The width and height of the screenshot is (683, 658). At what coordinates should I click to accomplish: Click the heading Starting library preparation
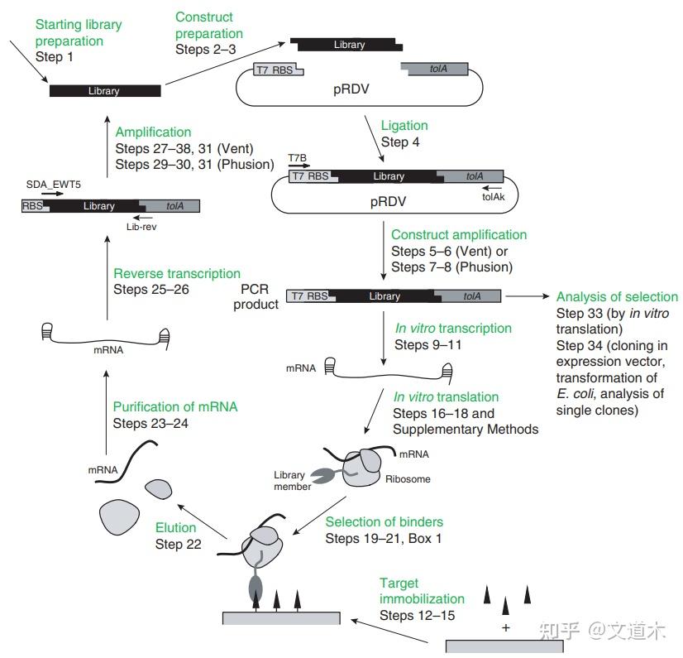(78, 32)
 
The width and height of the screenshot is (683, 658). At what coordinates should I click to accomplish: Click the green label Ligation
(404, 126)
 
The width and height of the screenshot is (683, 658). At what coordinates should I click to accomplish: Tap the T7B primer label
(297, 156)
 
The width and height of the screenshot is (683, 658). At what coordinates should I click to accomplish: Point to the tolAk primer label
(492, 197)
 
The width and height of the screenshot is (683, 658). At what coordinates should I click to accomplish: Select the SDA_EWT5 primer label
(54, 185)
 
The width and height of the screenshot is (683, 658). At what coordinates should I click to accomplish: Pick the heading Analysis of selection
(617, 297)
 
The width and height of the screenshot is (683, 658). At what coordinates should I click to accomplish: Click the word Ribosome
(407, 478)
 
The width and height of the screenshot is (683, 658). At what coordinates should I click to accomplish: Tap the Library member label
(289, 481)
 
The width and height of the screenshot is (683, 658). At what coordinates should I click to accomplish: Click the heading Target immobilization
(422, 591)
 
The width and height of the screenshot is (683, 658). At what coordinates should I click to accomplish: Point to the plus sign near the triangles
(505, 628)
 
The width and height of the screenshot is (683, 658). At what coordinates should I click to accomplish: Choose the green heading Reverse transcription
(177, 273)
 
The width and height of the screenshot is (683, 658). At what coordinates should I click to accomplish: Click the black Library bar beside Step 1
(105, 91)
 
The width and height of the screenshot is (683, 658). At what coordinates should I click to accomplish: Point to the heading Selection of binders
(384, 521)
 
